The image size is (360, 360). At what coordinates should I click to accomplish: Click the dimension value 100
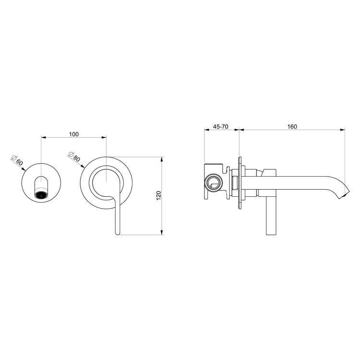tap(73, 134)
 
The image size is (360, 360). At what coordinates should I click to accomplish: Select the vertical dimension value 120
tap(158, 195)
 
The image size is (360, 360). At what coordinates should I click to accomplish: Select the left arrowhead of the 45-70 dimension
tap(206, 130)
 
